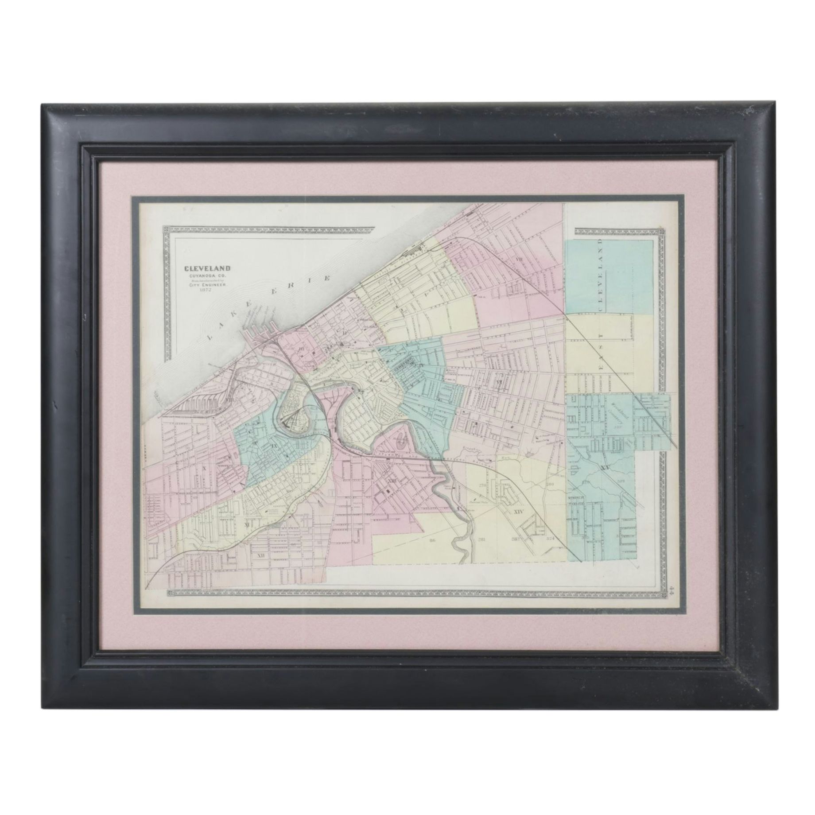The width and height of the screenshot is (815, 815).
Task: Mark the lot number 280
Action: point(551,484)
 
